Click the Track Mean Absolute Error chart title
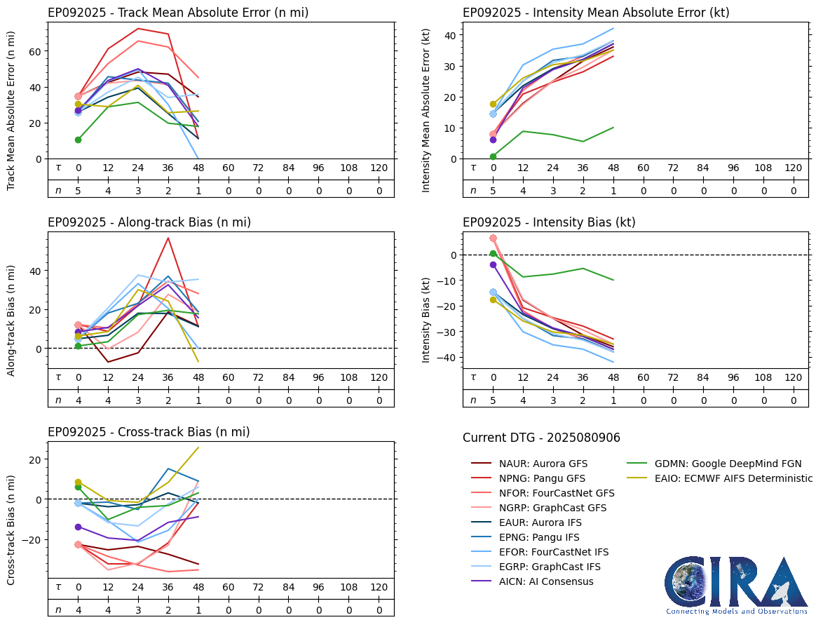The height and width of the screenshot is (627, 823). click(178, 13)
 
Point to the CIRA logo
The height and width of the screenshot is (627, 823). click(736, 585)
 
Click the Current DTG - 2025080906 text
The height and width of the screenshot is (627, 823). click(541, 438)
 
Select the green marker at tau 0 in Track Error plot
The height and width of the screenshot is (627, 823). click(79, 140)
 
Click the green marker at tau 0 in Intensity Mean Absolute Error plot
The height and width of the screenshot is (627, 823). click(493, 156)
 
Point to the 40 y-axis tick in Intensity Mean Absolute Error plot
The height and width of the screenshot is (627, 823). click(452, 35)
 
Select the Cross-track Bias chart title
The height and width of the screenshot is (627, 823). click(149, 432)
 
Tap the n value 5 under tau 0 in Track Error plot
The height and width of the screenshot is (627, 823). click(79, 190)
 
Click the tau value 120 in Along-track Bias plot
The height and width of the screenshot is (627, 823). click(379, 377)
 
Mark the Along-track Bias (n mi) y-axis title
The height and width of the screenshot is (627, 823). click(12, 320)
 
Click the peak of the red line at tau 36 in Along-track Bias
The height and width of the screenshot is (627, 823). click(168, 238)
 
